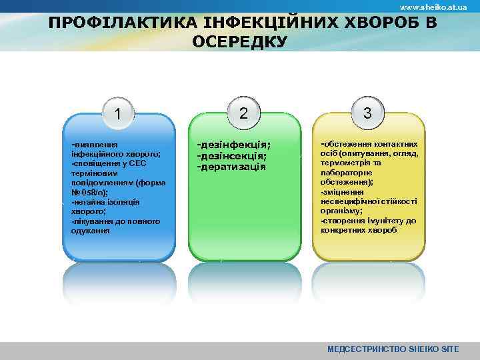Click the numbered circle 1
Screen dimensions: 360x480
pos(118,115)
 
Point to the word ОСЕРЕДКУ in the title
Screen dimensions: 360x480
pos(239,43)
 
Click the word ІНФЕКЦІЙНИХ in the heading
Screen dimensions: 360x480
pos(257,23)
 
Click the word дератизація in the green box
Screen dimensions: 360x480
pos(231,166)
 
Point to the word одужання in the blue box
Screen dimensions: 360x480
pos(91,231)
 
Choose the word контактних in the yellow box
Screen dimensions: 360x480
pos(395,143)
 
